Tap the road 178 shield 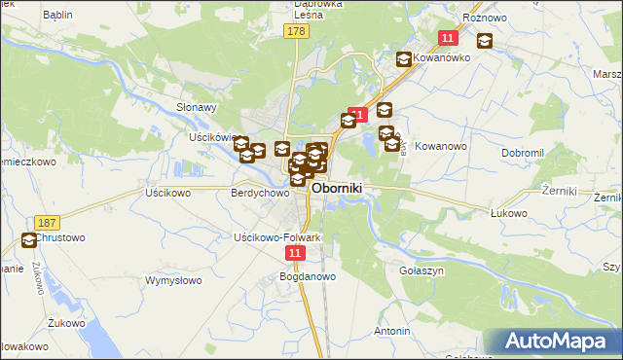[x=296, y=32]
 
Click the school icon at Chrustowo [x=30, y=239]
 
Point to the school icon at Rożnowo [x=484, y=41]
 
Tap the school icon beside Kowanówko [x=403, y=59]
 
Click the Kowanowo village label [x=442, y=146]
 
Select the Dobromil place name [x=528, y=154]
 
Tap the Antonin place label [x=391, y=331]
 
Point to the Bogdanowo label [x=308, y=276]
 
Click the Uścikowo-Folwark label [x=277, y=237]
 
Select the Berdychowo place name [x=260, y=193]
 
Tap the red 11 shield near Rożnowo [x=448, y=38]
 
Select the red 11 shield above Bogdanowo [x=296, y=252]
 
